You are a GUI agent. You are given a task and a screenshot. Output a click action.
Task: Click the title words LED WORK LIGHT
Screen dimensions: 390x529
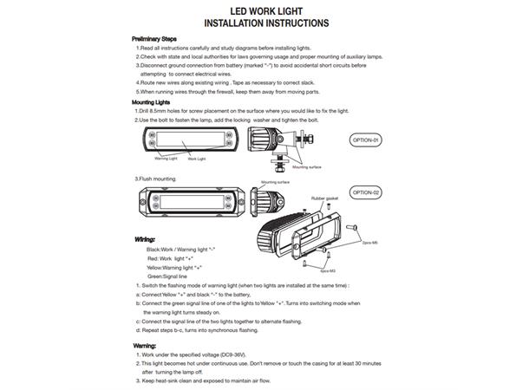coord(265,10)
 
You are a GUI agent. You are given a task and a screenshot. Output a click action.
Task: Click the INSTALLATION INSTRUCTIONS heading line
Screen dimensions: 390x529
coord(265,24)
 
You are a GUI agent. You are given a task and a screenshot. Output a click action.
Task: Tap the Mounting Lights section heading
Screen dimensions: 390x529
coord(152,102)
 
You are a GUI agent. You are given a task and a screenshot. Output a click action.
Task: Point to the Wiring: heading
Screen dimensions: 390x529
coord(145,237)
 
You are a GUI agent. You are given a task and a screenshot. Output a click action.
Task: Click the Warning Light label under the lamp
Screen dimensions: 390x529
coord(166,159)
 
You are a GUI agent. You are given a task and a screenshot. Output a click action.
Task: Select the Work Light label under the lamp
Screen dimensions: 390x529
coord(197,159)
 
